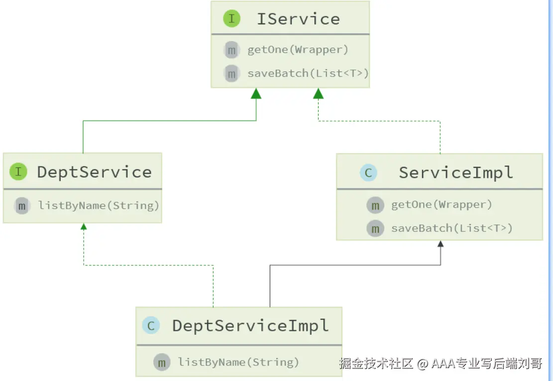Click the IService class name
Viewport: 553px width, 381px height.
click(x=298, y=19)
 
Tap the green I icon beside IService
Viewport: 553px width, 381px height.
click(x=232, y=18)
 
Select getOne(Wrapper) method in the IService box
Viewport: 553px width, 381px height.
click(x=298, y=50)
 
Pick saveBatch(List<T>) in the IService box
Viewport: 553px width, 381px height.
click(x=308, y=73)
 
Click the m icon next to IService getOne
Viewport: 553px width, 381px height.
click(x=232, y=50)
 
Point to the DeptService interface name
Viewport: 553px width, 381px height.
click(x=95, y=172)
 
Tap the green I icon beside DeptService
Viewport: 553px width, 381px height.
click(x=18, y=171)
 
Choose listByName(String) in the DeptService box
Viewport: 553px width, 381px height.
click(x=99, y=205)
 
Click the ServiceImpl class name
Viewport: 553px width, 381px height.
click(x=455, y=173)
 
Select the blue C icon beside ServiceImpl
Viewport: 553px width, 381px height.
click(x=368, y=172)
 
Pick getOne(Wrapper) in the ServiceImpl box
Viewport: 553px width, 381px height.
click(x=442, y=205)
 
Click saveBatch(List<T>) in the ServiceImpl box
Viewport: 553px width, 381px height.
click(x=452, y=228)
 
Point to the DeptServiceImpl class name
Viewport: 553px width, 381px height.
click(x=250, y=326)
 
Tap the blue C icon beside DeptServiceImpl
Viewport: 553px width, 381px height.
click(x=151, y=326)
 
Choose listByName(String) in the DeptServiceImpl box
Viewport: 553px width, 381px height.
click(x=238, y=362)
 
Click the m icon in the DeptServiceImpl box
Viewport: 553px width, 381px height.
click(x=162, y=362)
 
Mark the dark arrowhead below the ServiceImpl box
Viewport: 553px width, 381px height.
click(x=441, y=244)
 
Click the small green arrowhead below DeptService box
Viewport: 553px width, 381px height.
click(x=84, y=227)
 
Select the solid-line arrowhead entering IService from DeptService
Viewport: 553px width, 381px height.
click(x=256, y=94)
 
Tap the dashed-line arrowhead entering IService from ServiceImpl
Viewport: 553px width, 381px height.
click(x=318, y=94)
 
